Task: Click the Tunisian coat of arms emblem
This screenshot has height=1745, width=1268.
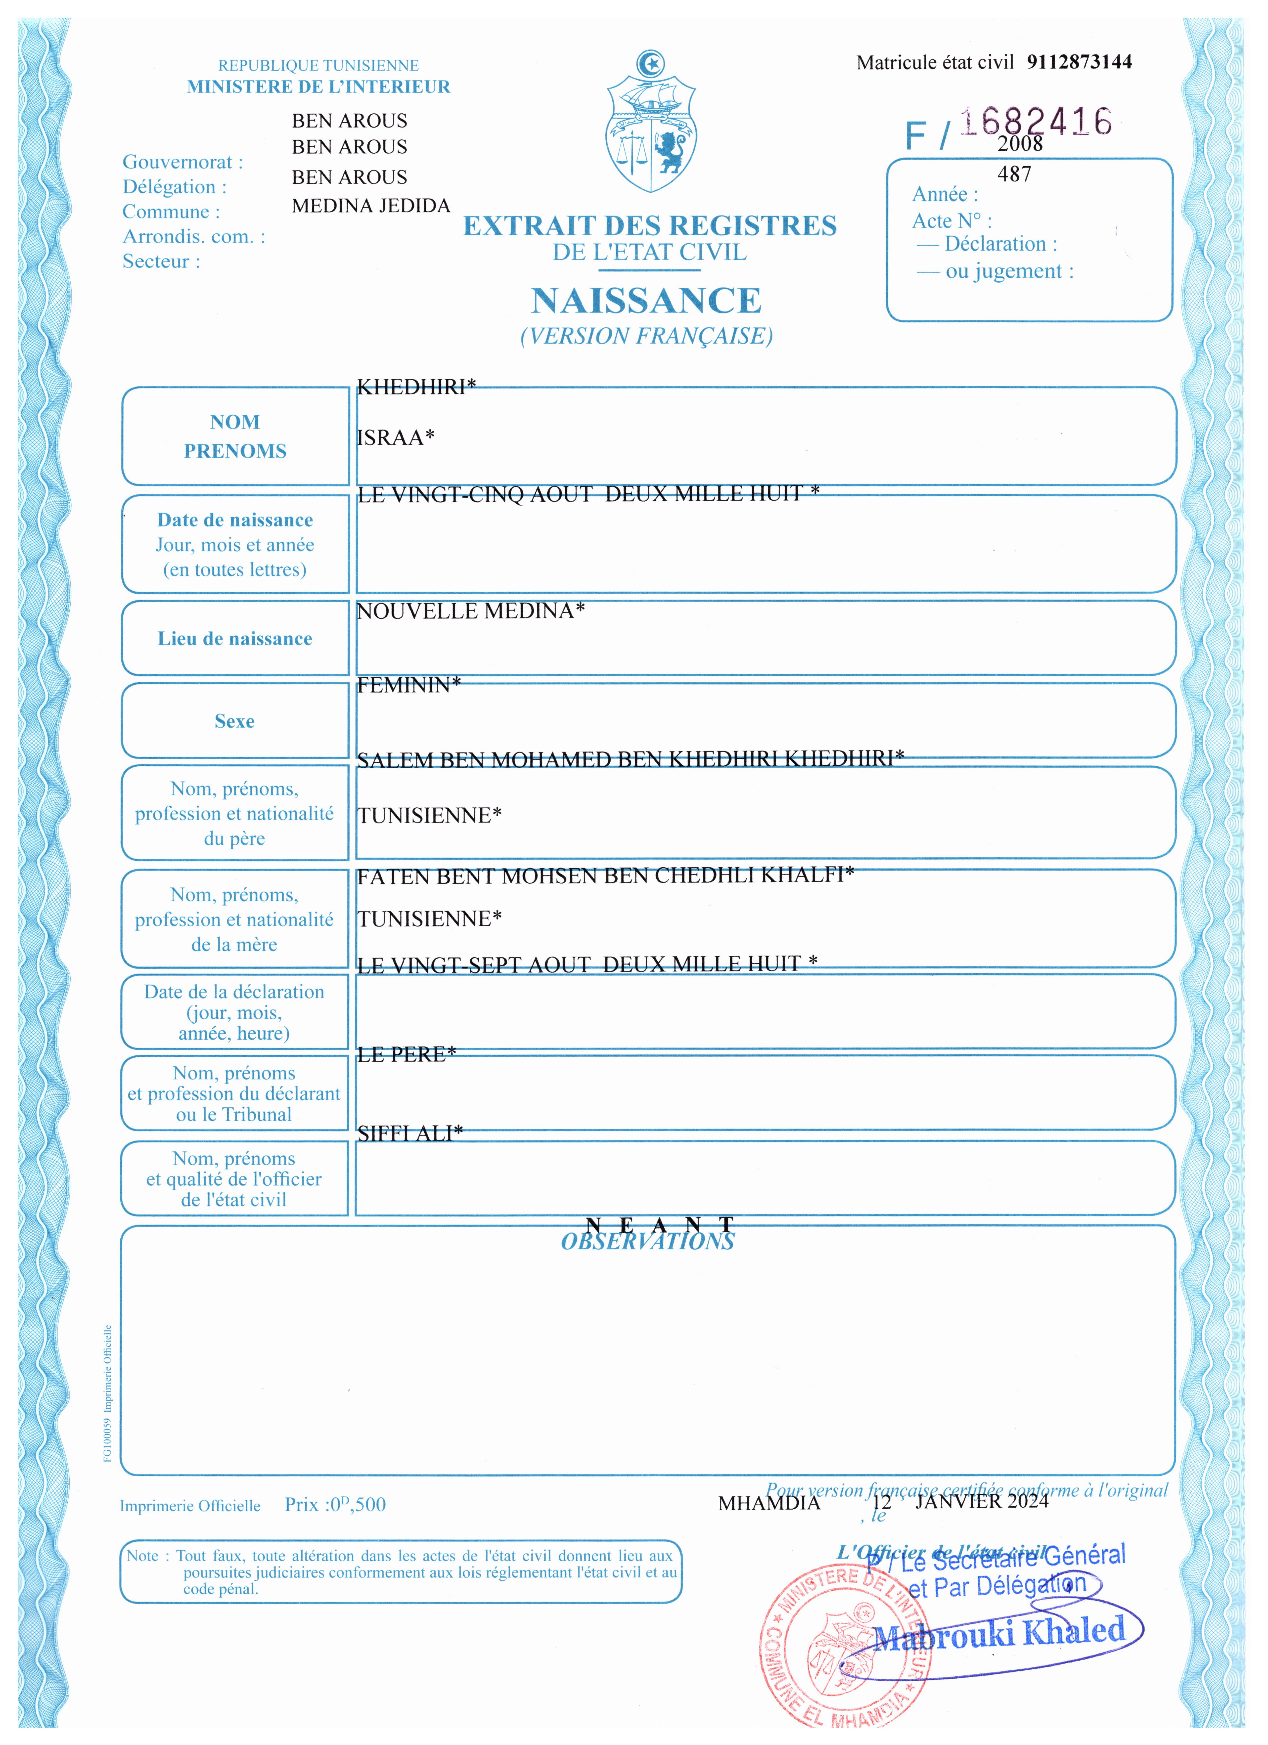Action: (x=651, y=123)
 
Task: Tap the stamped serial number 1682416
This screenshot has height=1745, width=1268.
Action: (x=1036, y=122)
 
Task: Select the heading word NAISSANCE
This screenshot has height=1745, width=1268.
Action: (x=646, y=301)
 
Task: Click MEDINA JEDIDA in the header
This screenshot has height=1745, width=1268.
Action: (x=371, y=206)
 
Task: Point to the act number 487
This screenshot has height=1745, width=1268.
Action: (x=1014, y=175)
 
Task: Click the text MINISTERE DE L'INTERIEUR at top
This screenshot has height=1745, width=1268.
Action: (x=318, y=87)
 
